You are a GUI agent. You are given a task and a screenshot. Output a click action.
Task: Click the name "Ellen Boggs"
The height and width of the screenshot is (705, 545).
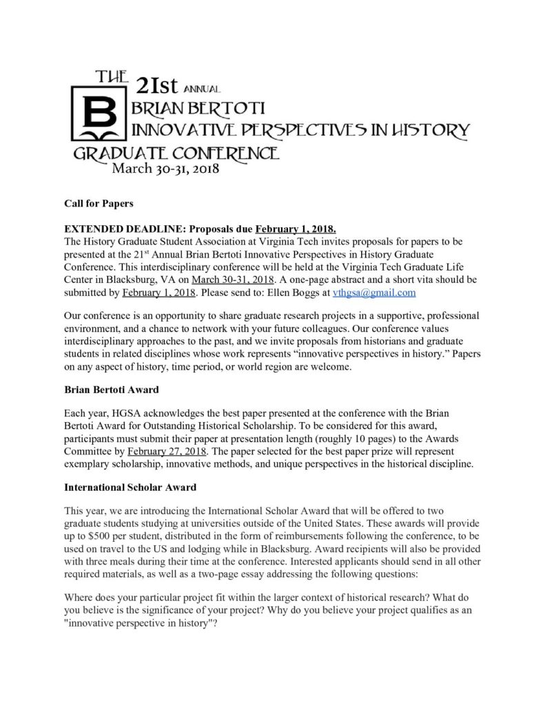(x=300, y=293)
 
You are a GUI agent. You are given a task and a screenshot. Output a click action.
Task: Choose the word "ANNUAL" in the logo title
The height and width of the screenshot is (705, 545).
(x=202, y=89)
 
